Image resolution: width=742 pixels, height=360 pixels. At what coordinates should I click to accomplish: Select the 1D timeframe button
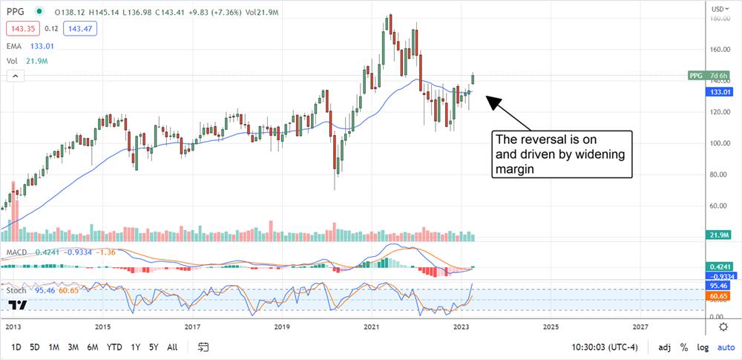16,347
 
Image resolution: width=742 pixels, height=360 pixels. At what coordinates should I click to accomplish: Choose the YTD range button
114,347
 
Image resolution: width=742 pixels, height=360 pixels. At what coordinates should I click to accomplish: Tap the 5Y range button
153,347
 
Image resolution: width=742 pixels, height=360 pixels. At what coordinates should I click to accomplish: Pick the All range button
172,347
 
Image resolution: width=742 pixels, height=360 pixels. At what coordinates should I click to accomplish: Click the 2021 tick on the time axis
371,327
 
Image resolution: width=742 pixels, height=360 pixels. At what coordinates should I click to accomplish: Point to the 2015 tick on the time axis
103,327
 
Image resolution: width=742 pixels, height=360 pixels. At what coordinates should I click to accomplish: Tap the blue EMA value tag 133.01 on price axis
717,91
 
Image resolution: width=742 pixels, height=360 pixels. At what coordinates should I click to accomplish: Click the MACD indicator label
18,252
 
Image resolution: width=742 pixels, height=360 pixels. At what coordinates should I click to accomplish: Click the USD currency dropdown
717,9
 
